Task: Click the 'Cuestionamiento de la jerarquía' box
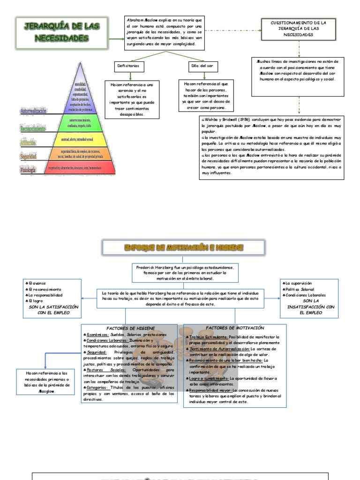(298, 29)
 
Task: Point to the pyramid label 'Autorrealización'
(33, 111)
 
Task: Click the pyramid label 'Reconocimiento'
(33, 127)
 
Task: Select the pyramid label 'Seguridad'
(28, 156)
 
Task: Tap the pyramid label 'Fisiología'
(28, 170)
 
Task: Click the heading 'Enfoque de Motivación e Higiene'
(183, 247)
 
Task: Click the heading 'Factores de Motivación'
(235, 328)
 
